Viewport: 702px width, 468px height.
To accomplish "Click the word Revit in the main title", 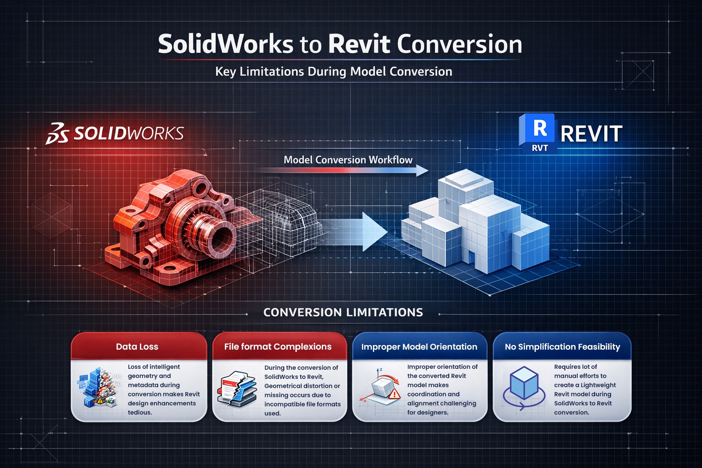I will pos(359,44).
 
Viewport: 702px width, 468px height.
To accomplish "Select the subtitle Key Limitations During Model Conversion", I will pos(334,72).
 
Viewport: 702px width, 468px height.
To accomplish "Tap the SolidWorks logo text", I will pos(128,133).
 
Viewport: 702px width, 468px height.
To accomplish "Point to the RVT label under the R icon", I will pos(539,148).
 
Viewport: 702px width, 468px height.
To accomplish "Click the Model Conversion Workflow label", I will pos(348,160).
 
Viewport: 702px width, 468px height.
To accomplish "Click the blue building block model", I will pos(475,219).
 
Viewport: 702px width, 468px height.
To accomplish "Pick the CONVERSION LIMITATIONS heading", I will pos(343,313).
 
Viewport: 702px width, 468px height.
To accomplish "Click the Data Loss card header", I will pos(137,347).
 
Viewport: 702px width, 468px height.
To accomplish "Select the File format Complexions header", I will pos(278,347).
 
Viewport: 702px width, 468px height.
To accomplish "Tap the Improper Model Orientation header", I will pos(419,347).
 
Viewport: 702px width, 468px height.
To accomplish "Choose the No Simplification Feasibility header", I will pos(562,347).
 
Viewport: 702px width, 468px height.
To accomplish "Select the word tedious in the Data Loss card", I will pos(140,412).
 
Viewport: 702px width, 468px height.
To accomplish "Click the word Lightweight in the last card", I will pos(598,385).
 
